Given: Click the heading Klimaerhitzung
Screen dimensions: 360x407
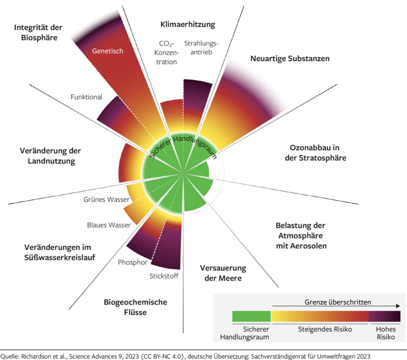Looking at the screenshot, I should coord(188,25).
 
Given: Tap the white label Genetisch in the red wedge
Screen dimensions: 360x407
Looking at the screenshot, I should coord(108,51).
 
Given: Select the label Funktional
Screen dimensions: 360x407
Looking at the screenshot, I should coord(86,97).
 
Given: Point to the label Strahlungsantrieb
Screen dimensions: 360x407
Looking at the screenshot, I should coord(202,48).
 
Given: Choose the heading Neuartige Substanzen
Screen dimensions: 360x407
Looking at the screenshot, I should coord(290,58).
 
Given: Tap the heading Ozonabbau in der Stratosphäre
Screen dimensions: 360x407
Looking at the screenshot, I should coord(318,152).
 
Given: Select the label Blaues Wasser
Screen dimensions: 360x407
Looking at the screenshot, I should coord(109,225).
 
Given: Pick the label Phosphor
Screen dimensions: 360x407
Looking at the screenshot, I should coord(133,263).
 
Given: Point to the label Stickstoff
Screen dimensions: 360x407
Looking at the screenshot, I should coord(164,276).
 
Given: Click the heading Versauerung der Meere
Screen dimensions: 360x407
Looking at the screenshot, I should coord(223,272).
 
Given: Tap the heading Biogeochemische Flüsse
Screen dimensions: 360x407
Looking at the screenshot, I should coord(135,307).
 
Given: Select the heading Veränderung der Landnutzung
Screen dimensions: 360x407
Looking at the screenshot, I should coord(50,156).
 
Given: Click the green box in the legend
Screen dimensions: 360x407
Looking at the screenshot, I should coord(251,317).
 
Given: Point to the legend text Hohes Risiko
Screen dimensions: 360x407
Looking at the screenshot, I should coord(385,333).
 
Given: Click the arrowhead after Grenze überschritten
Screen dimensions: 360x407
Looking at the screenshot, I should coord(397,306).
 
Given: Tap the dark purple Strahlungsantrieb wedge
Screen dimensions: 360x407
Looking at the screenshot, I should coord(192,99).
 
